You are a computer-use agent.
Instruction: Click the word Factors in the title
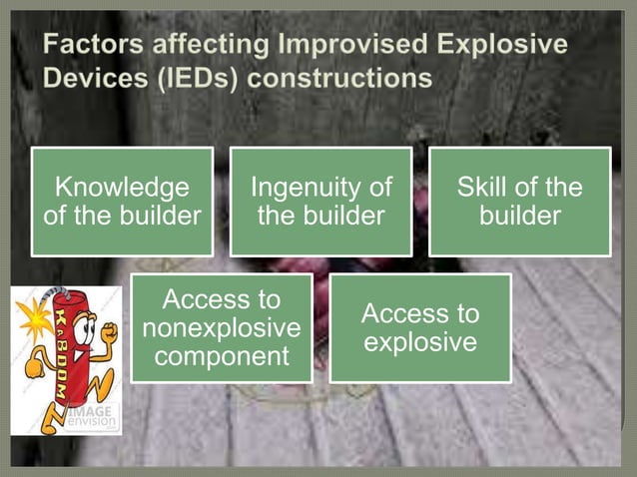pyautogui.click(x=93, y=45)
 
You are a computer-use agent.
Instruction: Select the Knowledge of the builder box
pyautogui.click(x=122, y=202)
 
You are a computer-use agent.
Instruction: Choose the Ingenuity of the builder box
pyautogui.click(x=320, y=202)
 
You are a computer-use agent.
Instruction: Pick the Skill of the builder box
pyautogui.click(x=519, y=202)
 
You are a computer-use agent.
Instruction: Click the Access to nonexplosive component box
pyautogui.click(x=221, y=328)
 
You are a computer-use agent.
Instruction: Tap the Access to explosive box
pyautogui.click(x=419, y=328)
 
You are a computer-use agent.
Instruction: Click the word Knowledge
pyautogui.click(x=122, y=188)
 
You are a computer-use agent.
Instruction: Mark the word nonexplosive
pyautogui.click(x=221, y=328)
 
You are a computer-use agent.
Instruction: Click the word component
pyautogui.click(x=221, y=356)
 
